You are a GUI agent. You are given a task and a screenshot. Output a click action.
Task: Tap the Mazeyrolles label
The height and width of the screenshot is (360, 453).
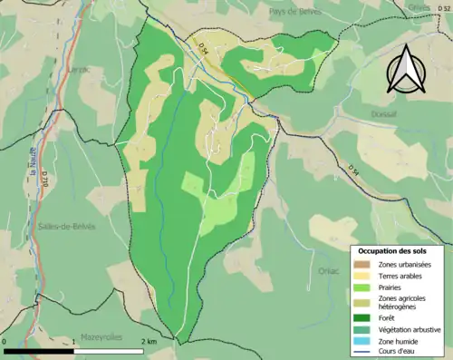coord(101,336)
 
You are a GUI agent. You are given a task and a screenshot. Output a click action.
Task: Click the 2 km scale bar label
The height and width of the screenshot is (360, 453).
coord(149,342)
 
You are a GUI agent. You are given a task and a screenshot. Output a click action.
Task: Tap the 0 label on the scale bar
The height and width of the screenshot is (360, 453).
coord(6,342)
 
